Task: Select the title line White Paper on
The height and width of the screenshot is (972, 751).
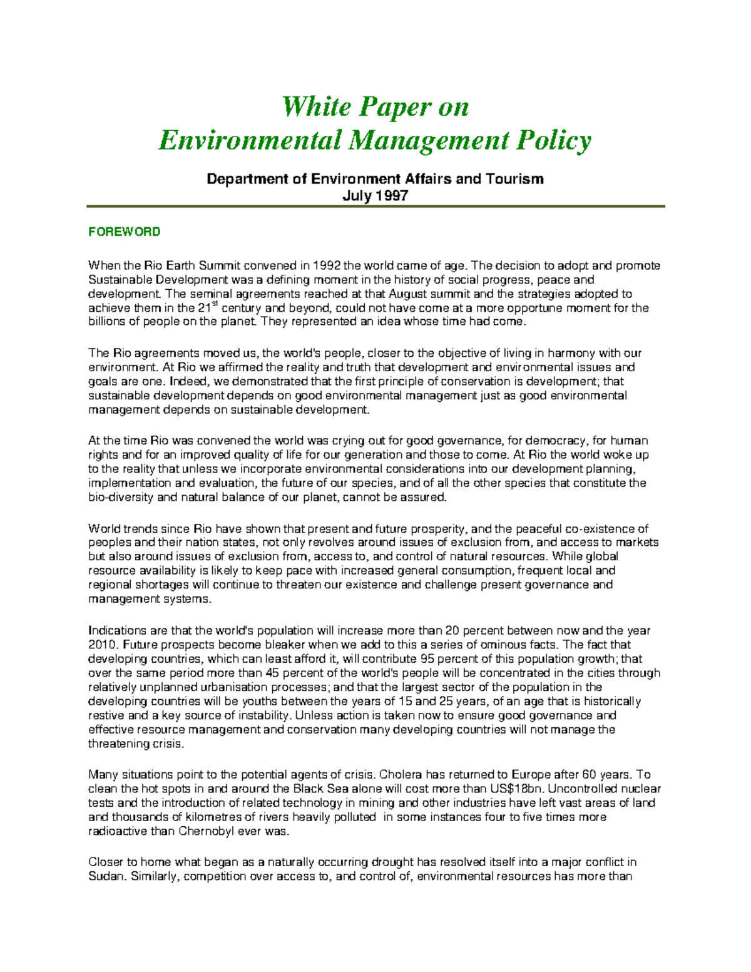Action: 375,106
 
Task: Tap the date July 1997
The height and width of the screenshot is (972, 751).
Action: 375,195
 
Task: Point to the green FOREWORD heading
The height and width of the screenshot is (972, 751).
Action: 124,232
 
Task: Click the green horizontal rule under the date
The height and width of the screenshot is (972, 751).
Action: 375,206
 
